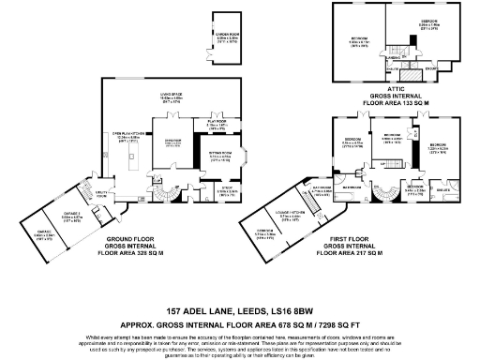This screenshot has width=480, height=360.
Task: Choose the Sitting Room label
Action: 221,157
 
